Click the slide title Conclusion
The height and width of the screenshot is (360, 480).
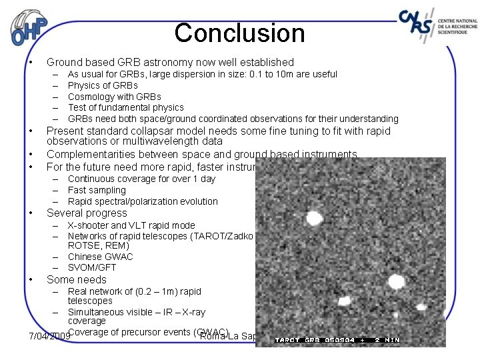coord(239,33)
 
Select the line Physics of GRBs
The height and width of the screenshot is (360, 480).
coord(103,85)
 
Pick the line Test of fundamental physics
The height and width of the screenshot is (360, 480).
coord(125,107)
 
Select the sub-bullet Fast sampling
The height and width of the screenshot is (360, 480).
coord(97,190)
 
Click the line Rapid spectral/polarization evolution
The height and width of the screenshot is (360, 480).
coord(143,201)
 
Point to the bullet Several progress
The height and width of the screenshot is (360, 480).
coord(87,213)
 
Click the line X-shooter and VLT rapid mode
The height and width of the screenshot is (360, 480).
coord(131,225)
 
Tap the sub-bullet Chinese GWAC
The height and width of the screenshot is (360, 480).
coord(100,257)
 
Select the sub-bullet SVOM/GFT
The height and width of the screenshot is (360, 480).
coord(92,267)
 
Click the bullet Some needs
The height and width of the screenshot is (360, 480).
coord(77,280)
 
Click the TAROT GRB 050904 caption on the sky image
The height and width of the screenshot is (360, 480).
coord(337,340)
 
